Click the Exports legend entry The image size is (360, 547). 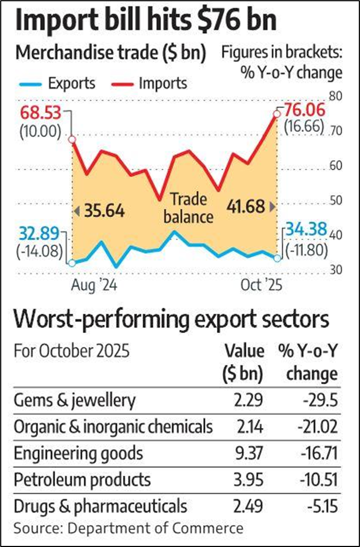tap(57, 84)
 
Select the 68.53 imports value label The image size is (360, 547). tap(40, 115)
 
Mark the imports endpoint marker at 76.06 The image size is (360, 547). tap(277, 114)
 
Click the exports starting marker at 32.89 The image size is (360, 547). tap(72, 263)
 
